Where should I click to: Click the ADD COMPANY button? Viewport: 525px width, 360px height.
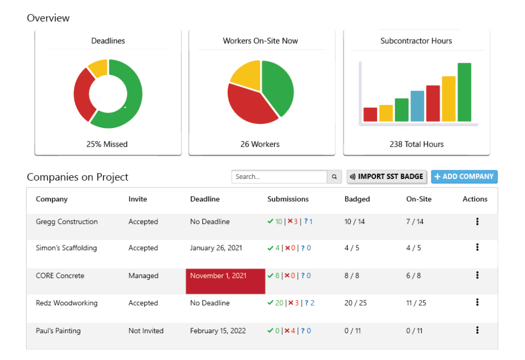[x=464, y=177]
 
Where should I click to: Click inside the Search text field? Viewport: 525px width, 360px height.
[x=279, y=177]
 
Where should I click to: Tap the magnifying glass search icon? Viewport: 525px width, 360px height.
[x=334, y=177]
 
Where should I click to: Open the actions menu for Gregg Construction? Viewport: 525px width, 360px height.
[x=477, y=222]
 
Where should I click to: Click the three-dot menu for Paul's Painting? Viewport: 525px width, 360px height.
[x=477, y=331]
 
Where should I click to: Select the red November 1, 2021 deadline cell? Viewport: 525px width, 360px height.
[x=226, y=281]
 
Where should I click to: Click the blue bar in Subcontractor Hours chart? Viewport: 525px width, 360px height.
[x=417, y=106]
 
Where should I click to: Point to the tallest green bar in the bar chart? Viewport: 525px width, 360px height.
[x=464, y=92]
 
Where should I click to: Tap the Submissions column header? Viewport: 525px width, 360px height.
[x=288, y=199]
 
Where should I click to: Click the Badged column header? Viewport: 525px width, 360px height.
[x=357, y=199]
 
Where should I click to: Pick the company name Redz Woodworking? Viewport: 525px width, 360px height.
[x=66, y=303]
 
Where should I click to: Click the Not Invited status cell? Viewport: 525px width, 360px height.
[x=146, y=331]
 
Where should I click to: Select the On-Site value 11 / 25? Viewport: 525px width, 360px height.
[x=416, y=303]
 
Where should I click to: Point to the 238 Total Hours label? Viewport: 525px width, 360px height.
[x=416, y=144]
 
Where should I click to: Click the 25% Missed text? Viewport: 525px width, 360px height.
[x=107, y=144]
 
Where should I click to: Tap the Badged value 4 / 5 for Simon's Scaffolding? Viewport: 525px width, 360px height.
[x=352, y=248]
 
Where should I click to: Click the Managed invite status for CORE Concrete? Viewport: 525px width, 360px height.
[x=143, y=276]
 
